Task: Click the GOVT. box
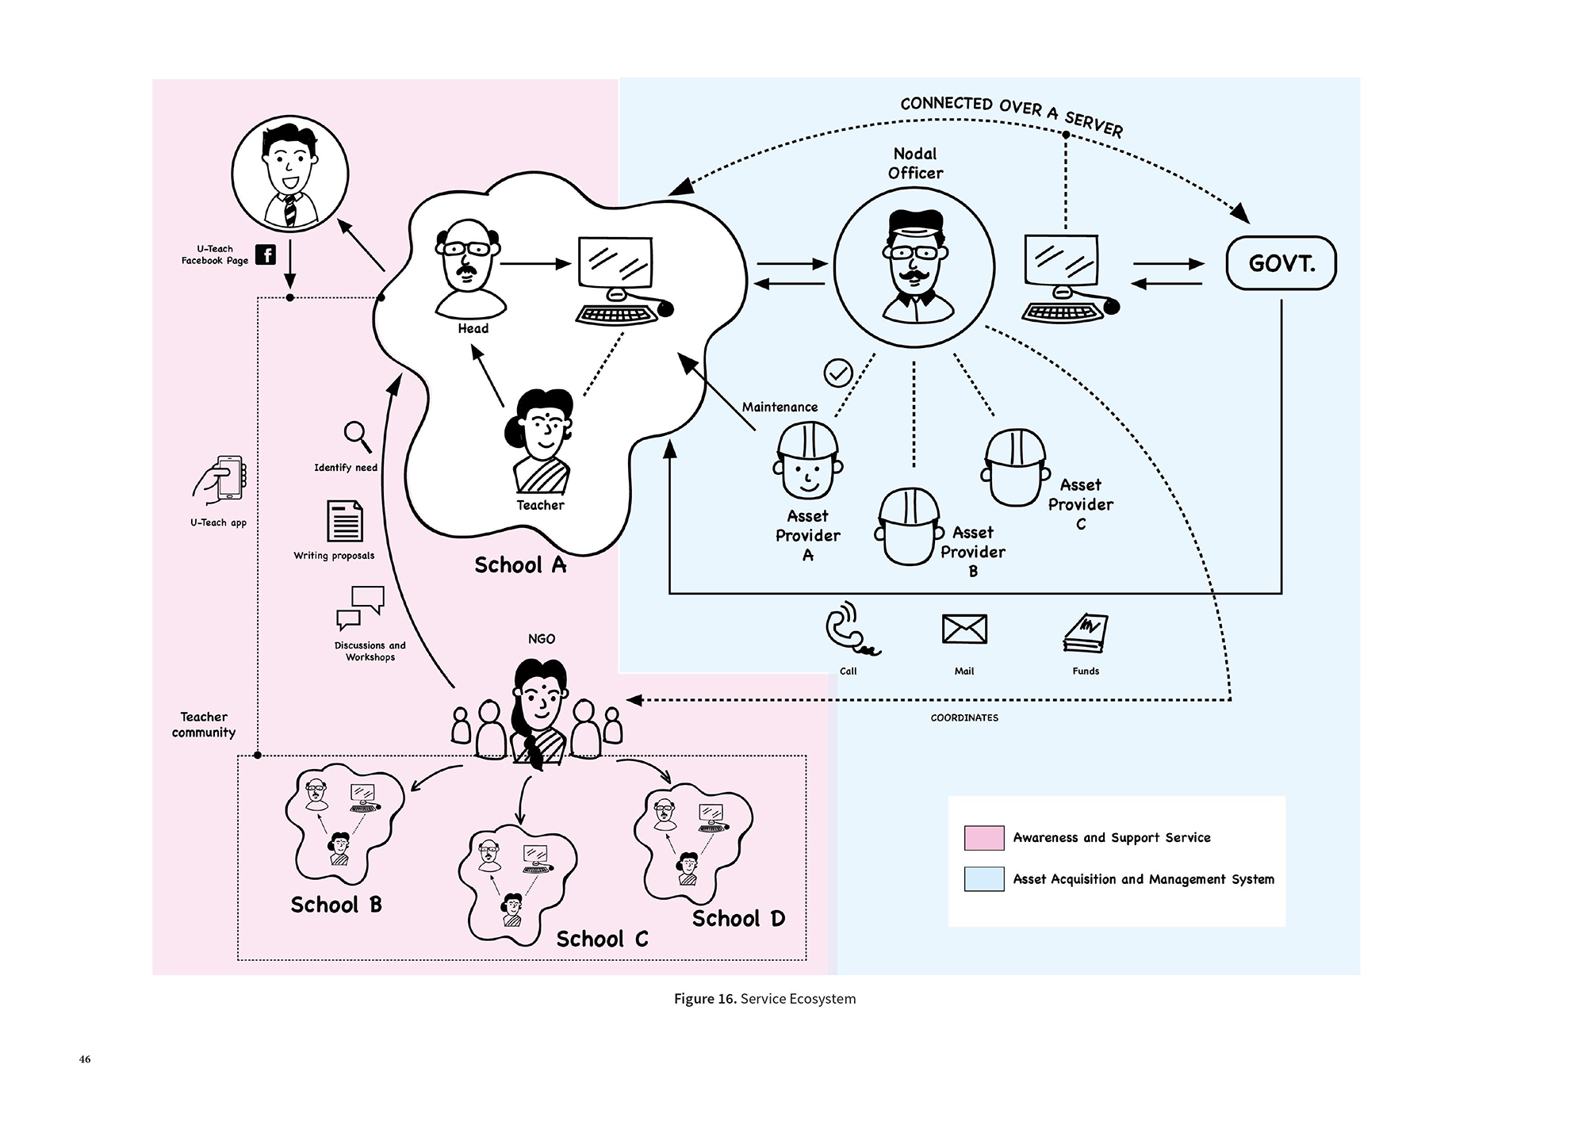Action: coord(1281,263)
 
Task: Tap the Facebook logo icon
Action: coord(266,254)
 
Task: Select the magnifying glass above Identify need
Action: coord(357,435)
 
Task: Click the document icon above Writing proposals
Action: coord(345,521)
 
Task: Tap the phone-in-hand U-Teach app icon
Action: coord(221,479)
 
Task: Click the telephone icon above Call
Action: coord(849,630)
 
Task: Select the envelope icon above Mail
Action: coord(964,629)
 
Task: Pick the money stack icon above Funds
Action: coord(1086,633)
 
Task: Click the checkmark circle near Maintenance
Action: coord(838,373)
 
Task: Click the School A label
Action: coord(520,565)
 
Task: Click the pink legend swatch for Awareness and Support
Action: coord(984,838)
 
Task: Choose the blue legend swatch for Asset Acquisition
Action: coord(984,879)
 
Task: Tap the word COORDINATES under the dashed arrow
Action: coord(964,718)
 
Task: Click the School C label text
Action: coord(602,939)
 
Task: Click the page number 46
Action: coord(85,1060)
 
